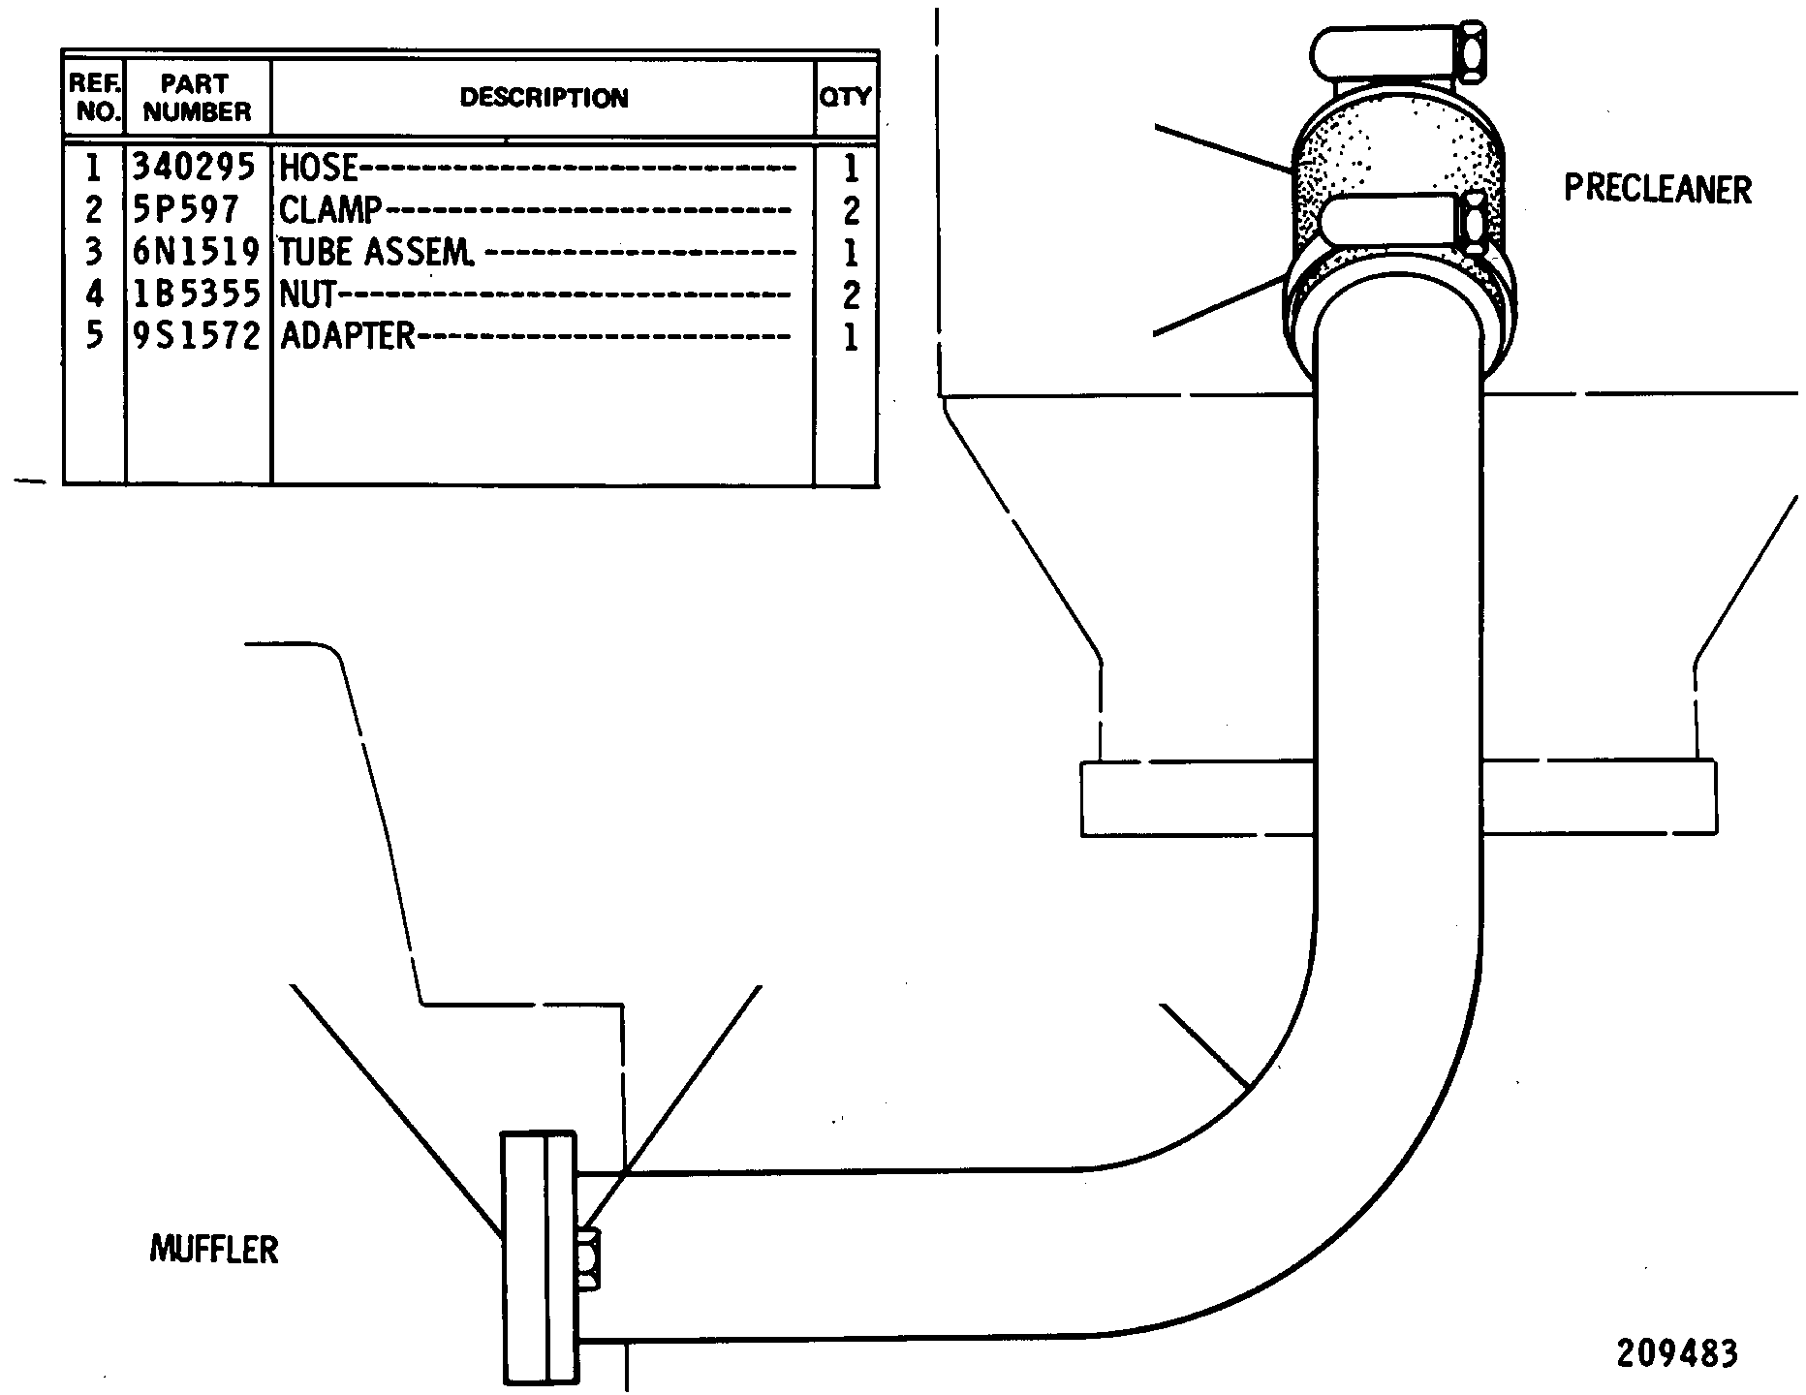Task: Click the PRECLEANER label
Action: coord(1658,189)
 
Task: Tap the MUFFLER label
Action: coord(214,1250)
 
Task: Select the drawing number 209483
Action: coord(1676,1353)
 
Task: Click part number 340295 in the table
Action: coord(194,169)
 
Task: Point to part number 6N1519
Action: coord(196,253)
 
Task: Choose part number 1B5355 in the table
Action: coord(196,294)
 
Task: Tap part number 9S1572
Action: coord(196,336)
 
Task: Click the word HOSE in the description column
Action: coord(319,169)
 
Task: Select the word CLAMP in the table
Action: coord(330,210)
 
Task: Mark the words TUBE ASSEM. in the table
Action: coord(377,253)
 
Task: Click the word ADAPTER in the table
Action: coord(347,336)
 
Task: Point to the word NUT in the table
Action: coord(307,294)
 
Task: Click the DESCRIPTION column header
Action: coord(544,98)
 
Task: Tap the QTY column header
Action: coord(846,97)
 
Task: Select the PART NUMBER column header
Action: coord(197,98)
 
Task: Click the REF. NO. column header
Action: coord(94,97)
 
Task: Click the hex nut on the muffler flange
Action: coord(587,1257)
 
